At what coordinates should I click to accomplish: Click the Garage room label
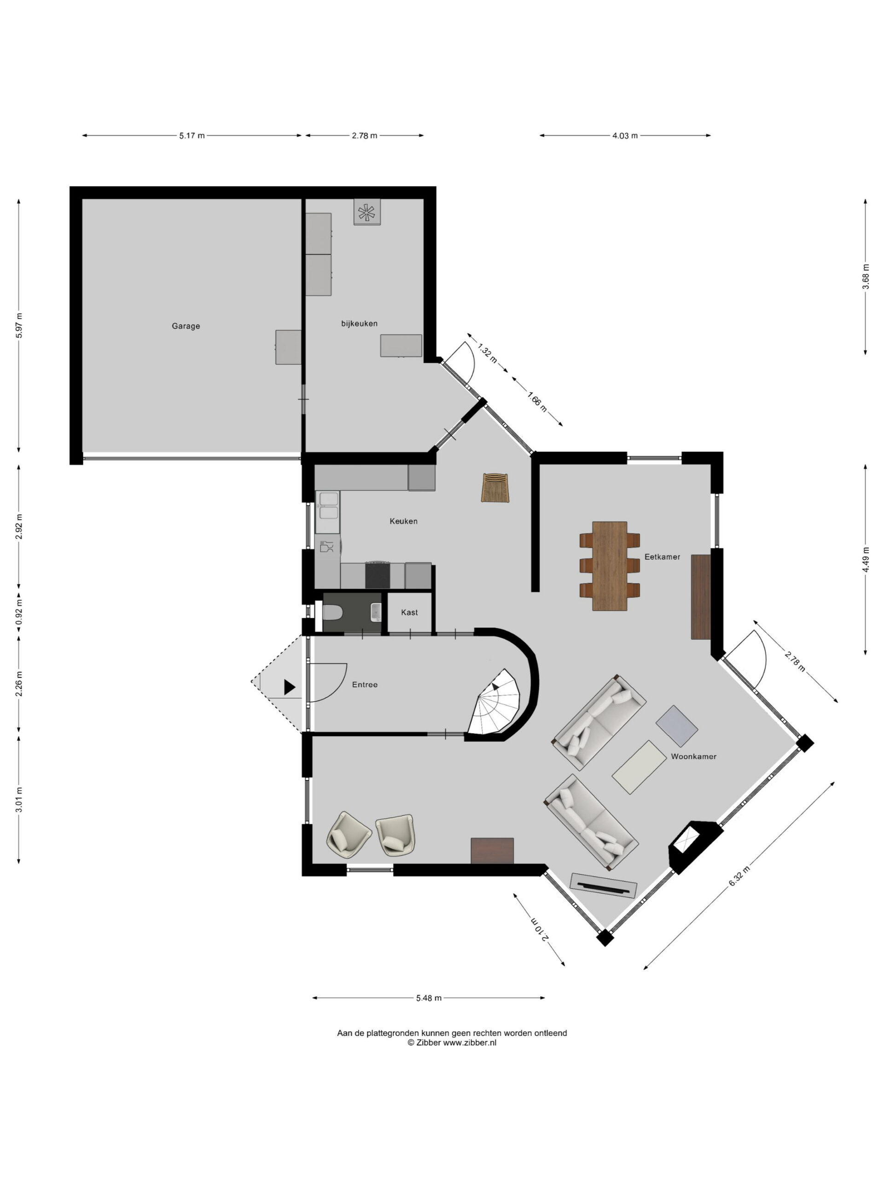pyautogui.click(x=186, y=326)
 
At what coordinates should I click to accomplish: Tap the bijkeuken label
pyautogui.click(x=359, y=323)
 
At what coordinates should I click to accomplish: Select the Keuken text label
pyautogui.click(x=403, y=521)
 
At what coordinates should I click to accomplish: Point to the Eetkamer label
pyautogui.click(x=662, y=556)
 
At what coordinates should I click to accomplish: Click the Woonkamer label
pyautogui.click(x=693, y=756)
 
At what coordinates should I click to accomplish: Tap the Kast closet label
pyautogui.click(x=409, y=612)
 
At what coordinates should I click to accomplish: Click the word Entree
pyautogui.click(x=365, y=684)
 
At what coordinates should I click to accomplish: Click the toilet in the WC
pyautogui.click(x=332, y=612)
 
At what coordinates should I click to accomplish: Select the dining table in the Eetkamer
pyautogui.click(x=609, y=566)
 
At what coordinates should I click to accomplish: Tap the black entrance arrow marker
pyautogui.click(x=289, y=687)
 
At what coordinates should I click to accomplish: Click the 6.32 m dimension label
pyautogui.click(x=739, y=876)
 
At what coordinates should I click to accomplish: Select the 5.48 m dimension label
pyautogui.click(x=428, y=998)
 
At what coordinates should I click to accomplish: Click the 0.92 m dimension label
pyautogui.click(x=19, y=612)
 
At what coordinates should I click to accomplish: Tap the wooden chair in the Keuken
pyautogui.click(x=495, y=487)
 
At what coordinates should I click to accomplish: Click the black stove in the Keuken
pyautogui.click(x=377, y=575)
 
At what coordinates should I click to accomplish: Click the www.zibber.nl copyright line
pyautogui.click(x=452, y=1043)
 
